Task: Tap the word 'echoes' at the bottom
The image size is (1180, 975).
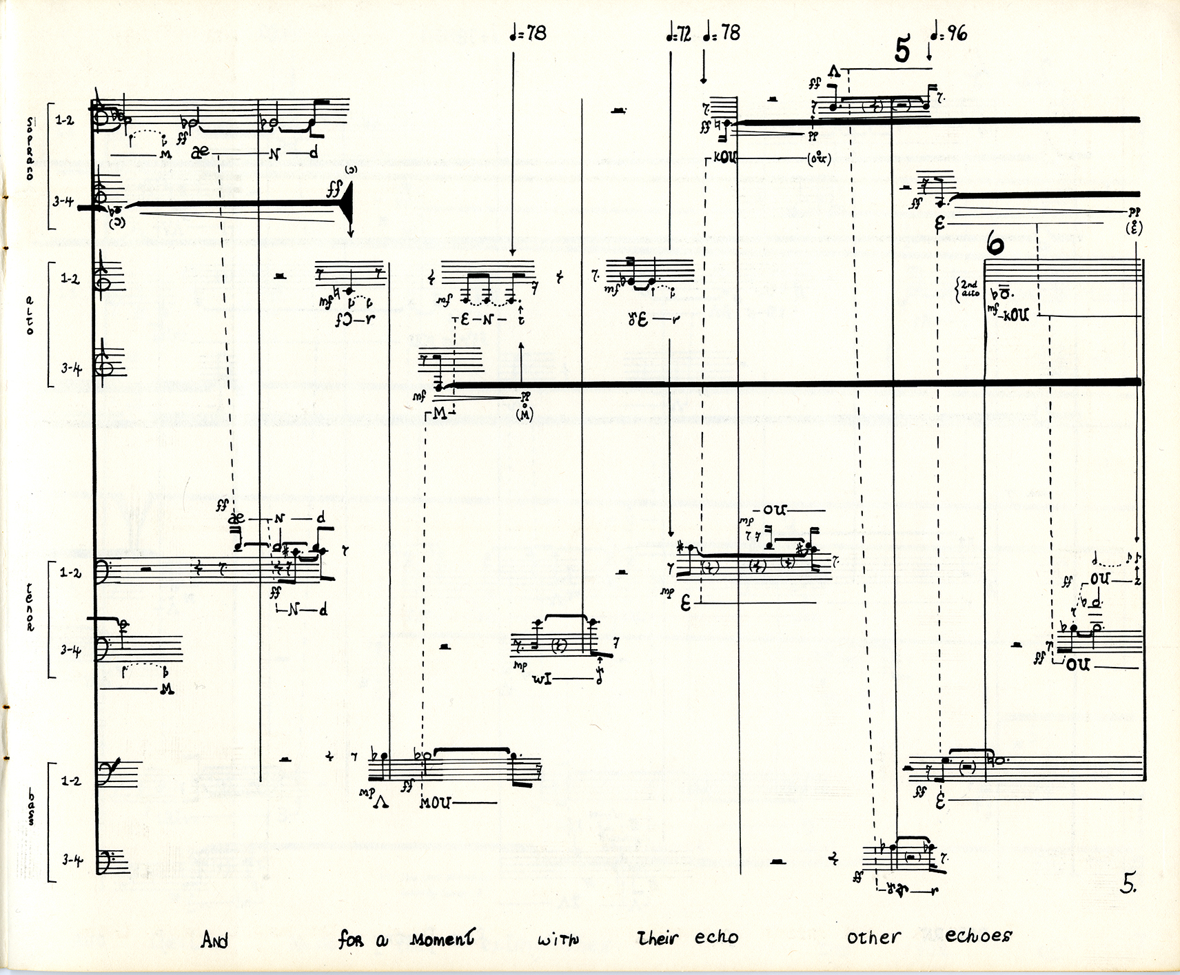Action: tap(978, 936)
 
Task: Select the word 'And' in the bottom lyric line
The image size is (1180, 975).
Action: tap(214, 940)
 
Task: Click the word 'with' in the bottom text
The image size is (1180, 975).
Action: tap(559, 938)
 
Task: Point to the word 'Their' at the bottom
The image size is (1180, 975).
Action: tap(658, 938)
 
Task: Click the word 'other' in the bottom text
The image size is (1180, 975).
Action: tap(873, 937)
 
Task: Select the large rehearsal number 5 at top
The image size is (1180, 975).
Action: tap(902, 50)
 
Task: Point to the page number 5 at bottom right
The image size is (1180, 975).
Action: tap(1128, 884)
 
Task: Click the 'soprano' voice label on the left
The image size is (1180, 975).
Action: tap(30, 147)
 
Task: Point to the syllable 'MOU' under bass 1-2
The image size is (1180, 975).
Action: tap(436, 802)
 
